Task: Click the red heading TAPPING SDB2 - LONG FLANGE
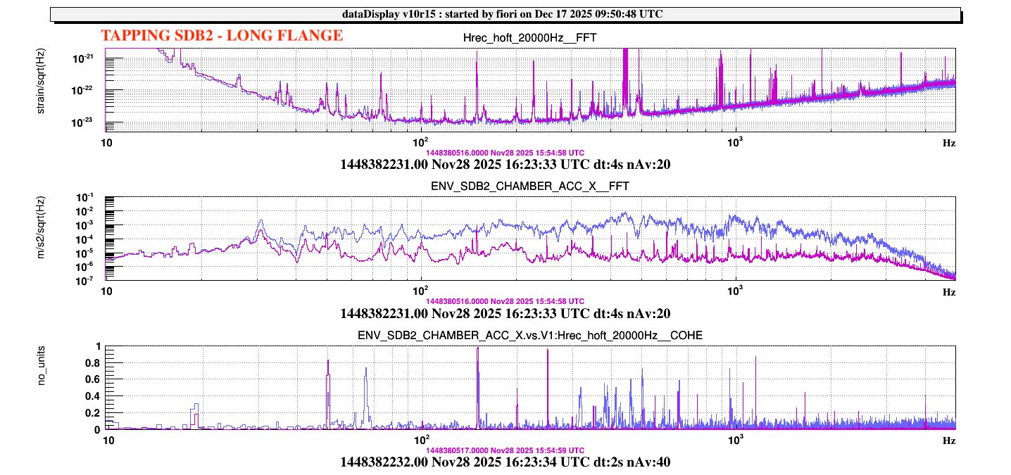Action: (x=222, y=36)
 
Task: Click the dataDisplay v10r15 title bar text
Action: (x=505, y=14)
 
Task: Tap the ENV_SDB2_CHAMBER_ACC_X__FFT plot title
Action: (x=529, y=186)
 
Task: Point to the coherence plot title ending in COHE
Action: (x=529, y=336)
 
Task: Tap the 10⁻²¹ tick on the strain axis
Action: (x=89, y=59)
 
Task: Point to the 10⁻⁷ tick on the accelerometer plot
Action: (x=90, y=280)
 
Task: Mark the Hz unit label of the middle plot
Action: (x=949, y=291)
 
